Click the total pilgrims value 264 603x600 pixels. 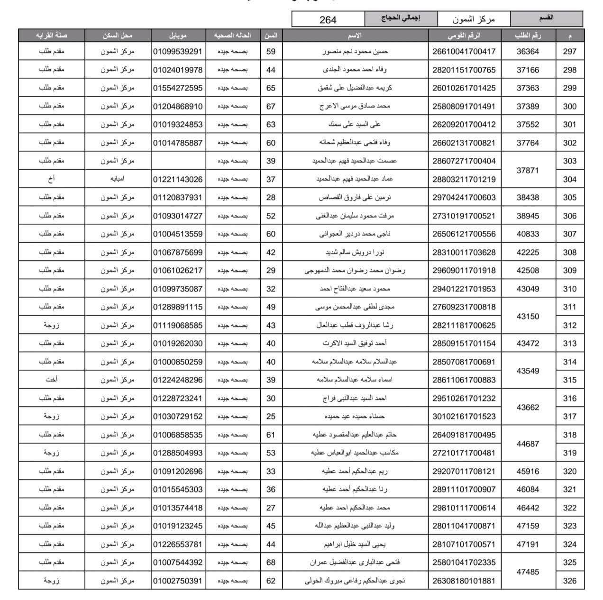click(328, 19)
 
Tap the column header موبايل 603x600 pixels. click(178, 36)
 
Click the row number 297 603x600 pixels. click(569, 52)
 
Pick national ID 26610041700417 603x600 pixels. click(464, 52)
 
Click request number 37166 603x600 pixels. click(528, 70)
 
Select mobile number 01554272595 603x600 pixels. click(178, 88)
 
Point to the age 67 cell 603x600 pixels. click(271, 106)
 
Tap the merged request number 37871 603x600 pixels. click(528, 170)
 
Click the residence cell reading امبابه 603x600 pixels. click(117, 179)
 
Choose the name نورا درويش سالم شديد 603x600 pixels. click(355, 252)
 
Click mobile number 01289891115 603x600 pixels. click(178, 307)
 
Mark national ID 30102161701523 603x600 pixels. click(464, 417)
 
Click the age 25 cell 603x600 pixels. click(271, 417)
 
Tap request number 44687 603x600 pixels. click(528, 444)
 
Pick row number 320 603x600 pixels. click(569, 472)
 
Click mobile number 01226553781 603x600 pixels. click(178, 545)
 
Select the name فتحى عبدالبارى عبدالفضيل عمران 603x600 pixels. click(355, 563)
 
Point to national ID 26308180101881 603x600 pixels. click(464, 581)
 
